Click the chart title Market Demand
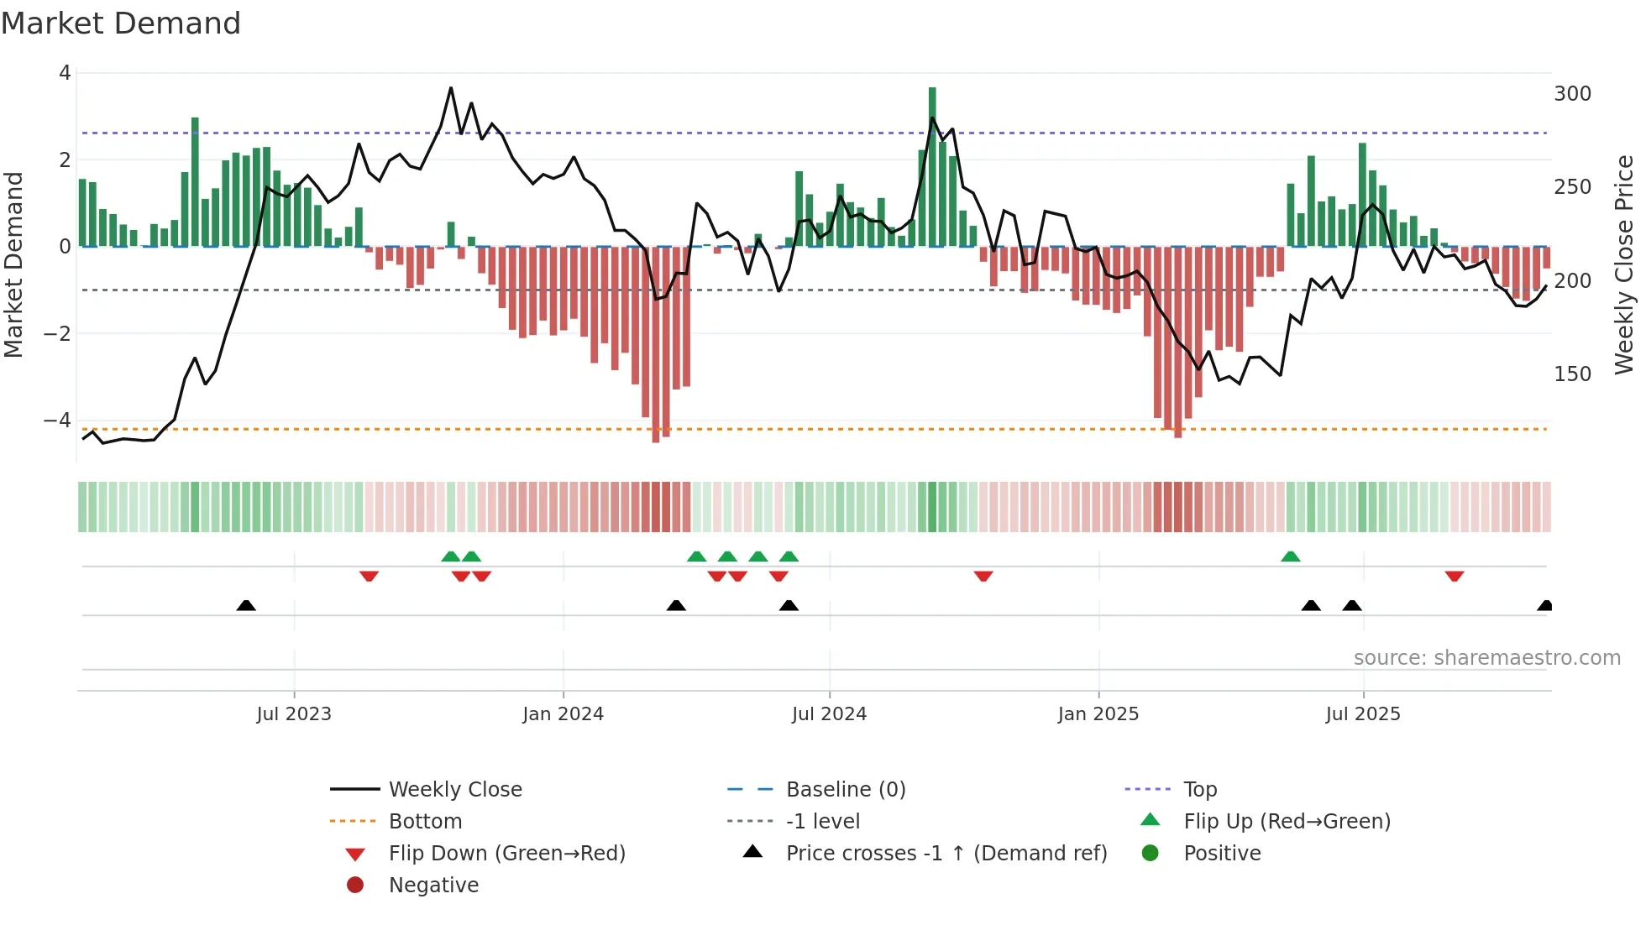[x=121, y=24]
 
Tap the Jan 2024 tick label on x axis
[x=563, y=714]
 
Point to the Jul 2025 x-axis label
[x=1363, y=714]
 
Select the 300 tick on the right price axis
[x=1572, y=94]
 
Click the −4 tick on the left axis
[x=57, y=420]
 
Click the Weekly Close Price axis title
[x=1624, y=264]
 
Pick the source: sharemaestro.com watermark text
[x=1486, y=658]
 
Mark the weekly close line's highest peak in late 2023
[x=451, y=87]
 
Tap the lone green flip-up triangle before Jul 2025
[x=1291, y=557]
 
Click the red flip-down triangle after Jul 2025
[x=1455, y=576]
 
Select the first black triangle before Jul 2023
[x=246, y=605]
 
